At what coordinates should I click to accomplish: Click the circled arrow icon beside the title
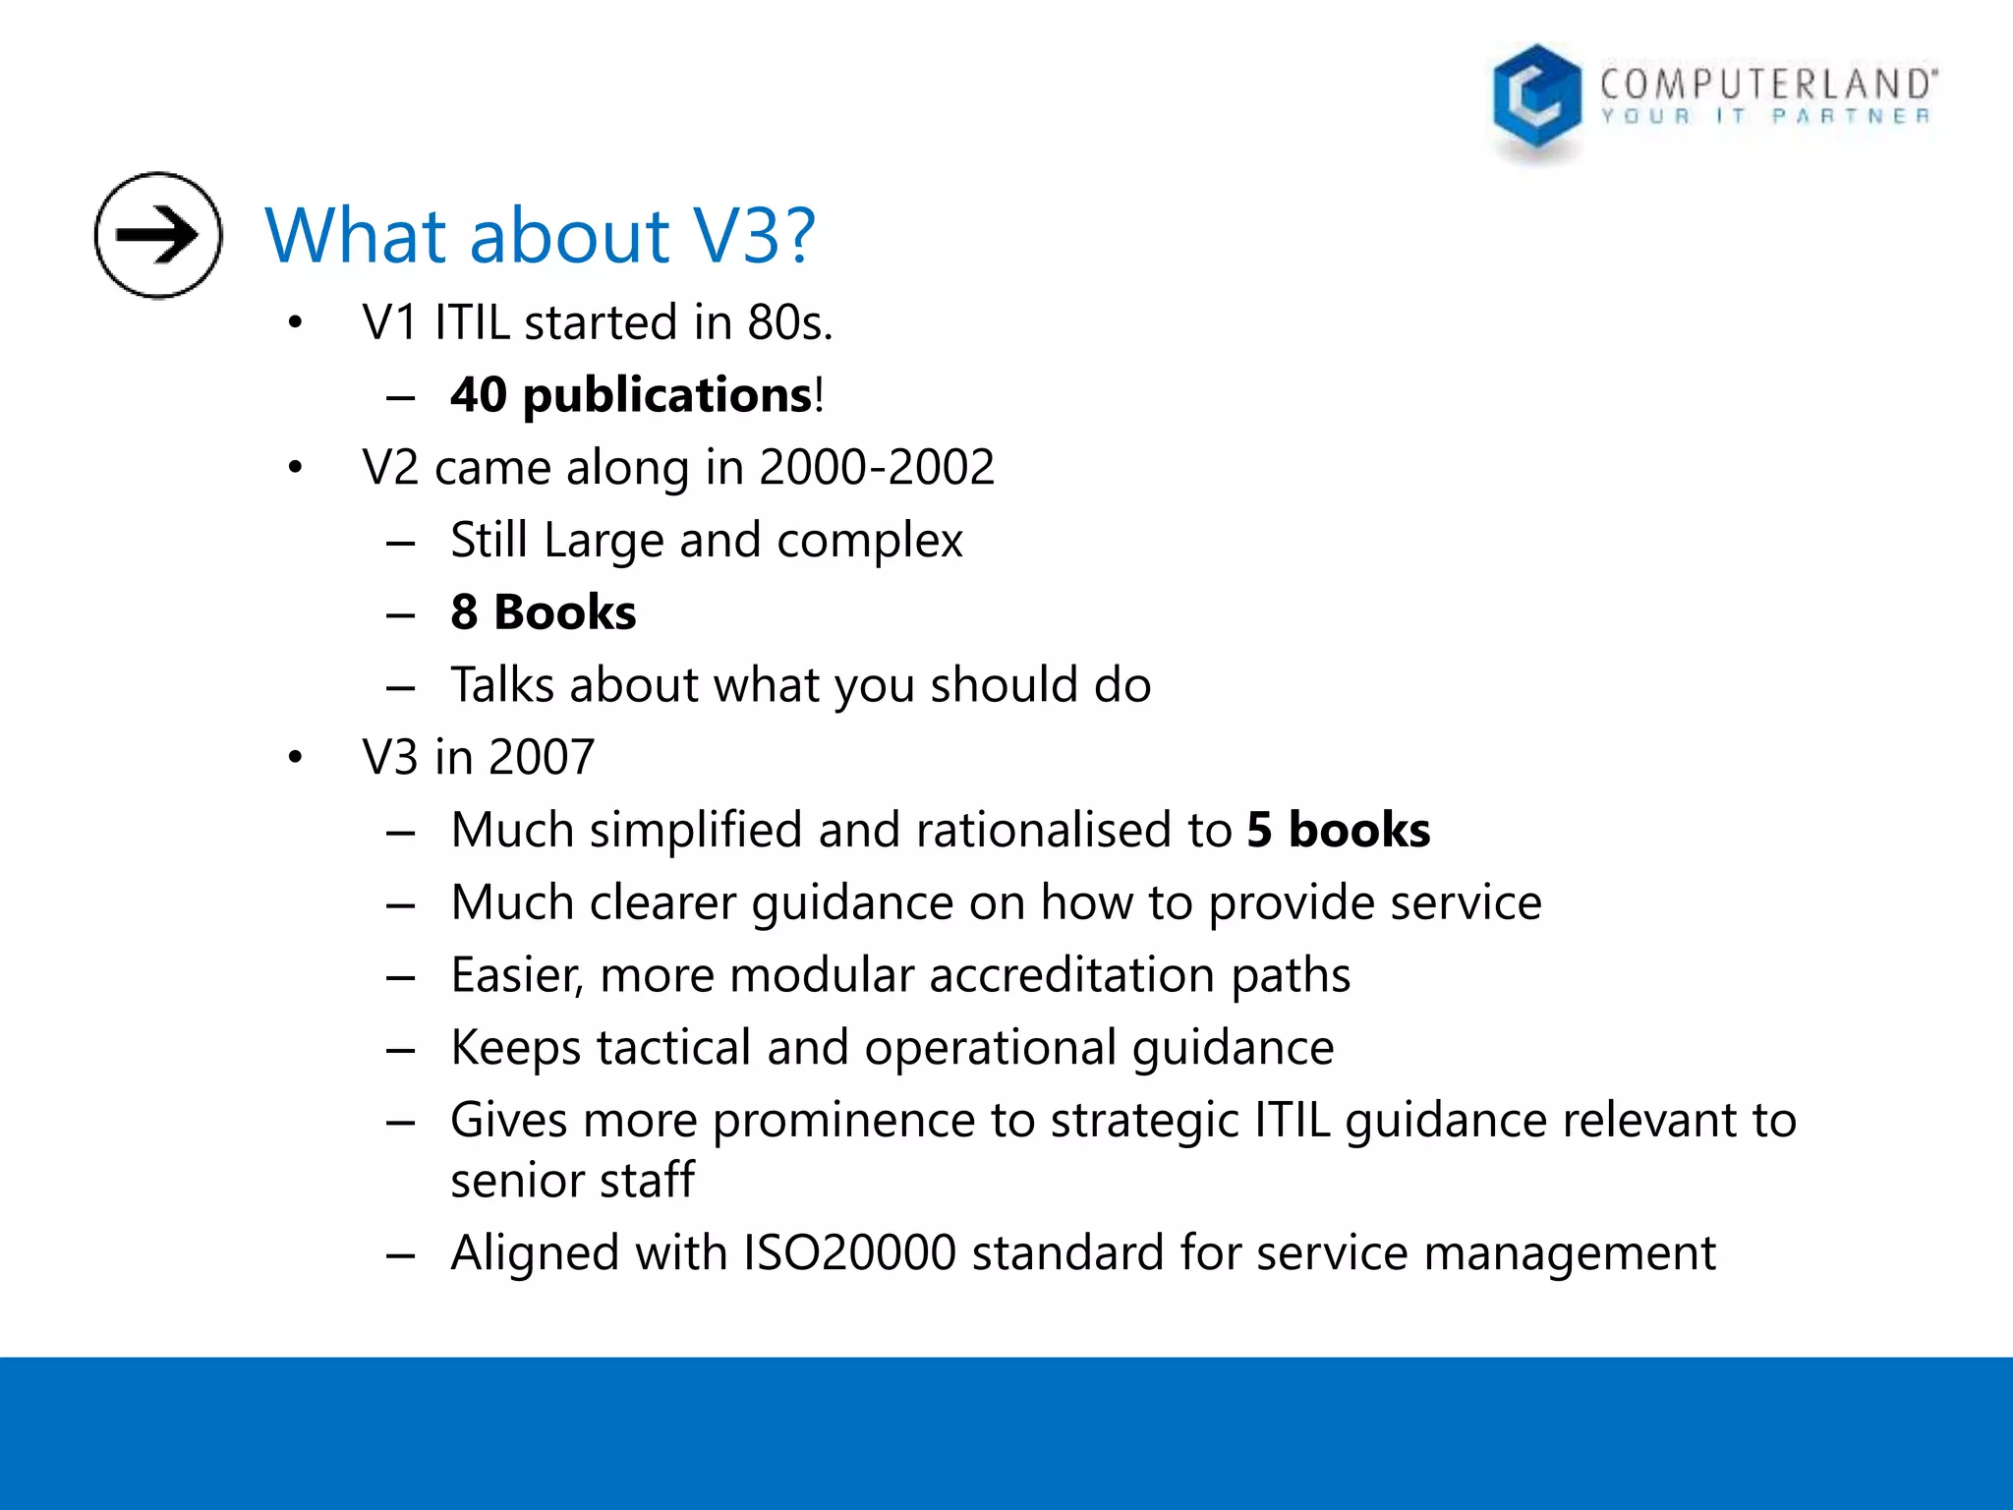(x=158, y=235)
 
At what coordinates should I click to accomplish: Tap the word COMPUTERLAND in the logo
(x=1766, y=85)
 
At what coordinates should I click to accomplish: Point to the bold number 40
(x=479, y=395)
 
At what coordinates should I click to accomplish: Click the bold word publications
(x=666, y=395)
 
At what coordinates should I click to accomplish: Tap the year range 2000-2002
(x=877, y=467)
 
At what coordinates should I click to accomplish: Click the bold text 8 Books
(x=543, y=612)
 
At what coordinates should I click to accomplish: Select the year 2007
(x=542, y=758)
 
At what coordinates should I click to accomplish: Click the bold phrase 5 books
(x=1338, y=830)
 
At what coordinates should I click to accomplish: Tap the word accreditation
(x=1072, y=975)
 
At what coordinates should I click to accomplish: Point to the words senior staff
(x=572, y=1180)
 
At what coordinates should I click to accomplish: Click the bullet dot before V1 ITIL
(x=295, y=322)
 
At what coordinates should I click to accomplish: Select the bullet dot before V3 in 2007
(x=295, y=758)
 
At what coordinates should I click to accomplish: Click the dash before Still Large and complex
(x=400, y=542)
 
